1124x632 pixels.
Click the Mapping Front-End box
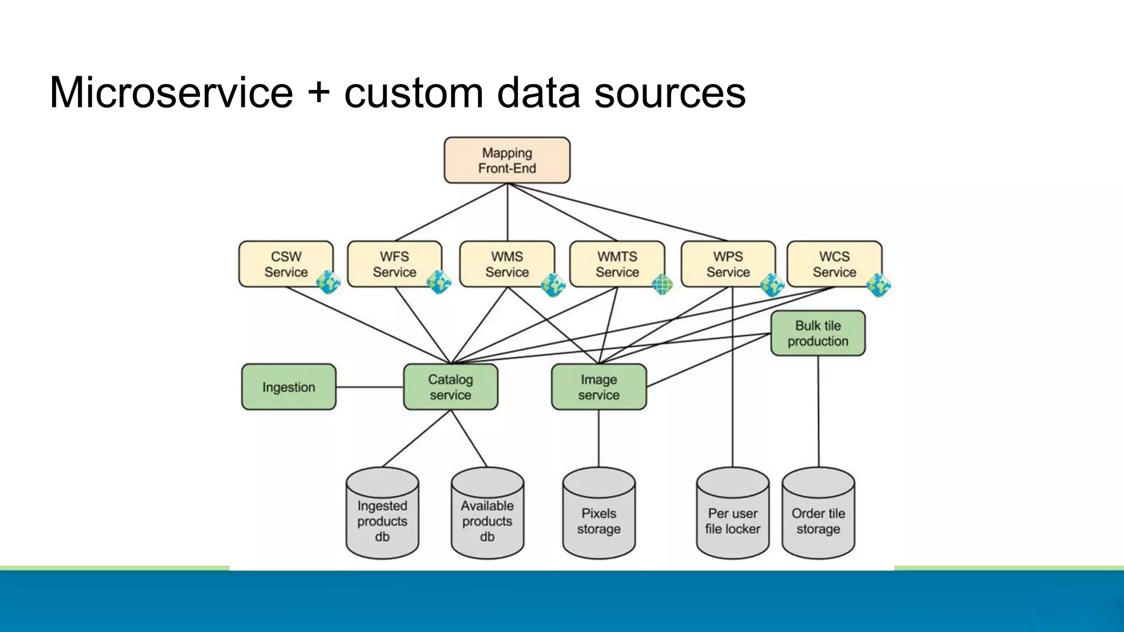[x=507, y=160]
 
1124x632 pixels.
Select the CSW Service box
[x=285, y=264]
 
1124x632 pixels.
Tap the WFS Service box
[x=394, y=264]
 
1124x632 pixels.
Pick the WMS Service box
[x=507, y=264]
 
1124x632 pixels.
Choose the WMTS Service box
[x=617, y=264]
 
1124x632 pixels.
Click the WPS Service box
[x=728, y=264]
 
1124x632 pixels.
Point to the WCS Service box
[x=834, y=264]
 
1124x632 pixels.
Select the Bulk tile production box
[x=818, y=333]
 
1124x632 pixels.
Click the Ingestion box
[x=289, y=387]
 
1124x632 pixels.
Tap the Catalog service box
[x=450, y=387]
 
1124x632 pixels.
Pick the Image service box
[x=598, y=387]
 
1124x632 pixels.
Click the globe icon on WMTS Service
[x=662, y=284]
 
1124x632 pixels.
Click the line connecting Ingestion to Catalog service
[x=369, y=387]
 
